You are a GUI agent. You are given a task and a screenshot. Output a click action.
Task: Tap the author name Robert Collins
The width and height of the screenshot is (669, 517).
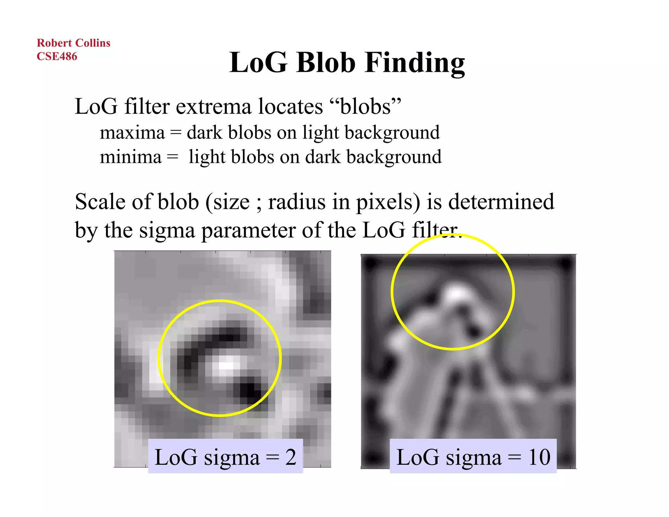[73, 43]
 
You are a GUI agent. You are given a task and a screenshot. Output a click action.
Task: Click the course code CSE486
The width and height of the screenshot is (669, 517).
[57, 56]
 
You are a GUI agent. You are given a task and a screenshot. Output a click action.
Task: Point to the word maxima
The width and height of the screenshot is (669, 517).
[132, 133]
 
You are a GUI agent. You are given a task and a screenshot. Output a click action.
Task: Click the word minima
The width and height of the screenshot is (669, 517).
[131, 157]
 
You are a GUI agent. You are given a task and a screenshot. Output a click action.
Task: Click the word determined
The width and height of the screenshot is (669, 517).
[501, 202]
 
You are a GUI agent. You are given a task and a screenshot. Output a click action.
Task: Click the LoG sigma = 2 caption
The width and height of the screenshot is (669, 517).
[225, 457]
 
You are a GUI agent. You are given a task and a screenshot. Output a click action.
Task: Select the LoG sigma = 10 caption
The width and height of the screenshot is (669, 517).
[473, 457]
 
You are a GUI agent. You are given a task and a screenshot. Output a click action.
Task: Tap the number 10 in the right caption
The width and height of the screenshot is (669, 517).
[539, 457]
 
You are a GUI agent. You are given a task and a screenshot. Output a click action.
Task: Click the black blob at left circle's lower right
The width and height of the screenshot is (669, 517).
[251, 390]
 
